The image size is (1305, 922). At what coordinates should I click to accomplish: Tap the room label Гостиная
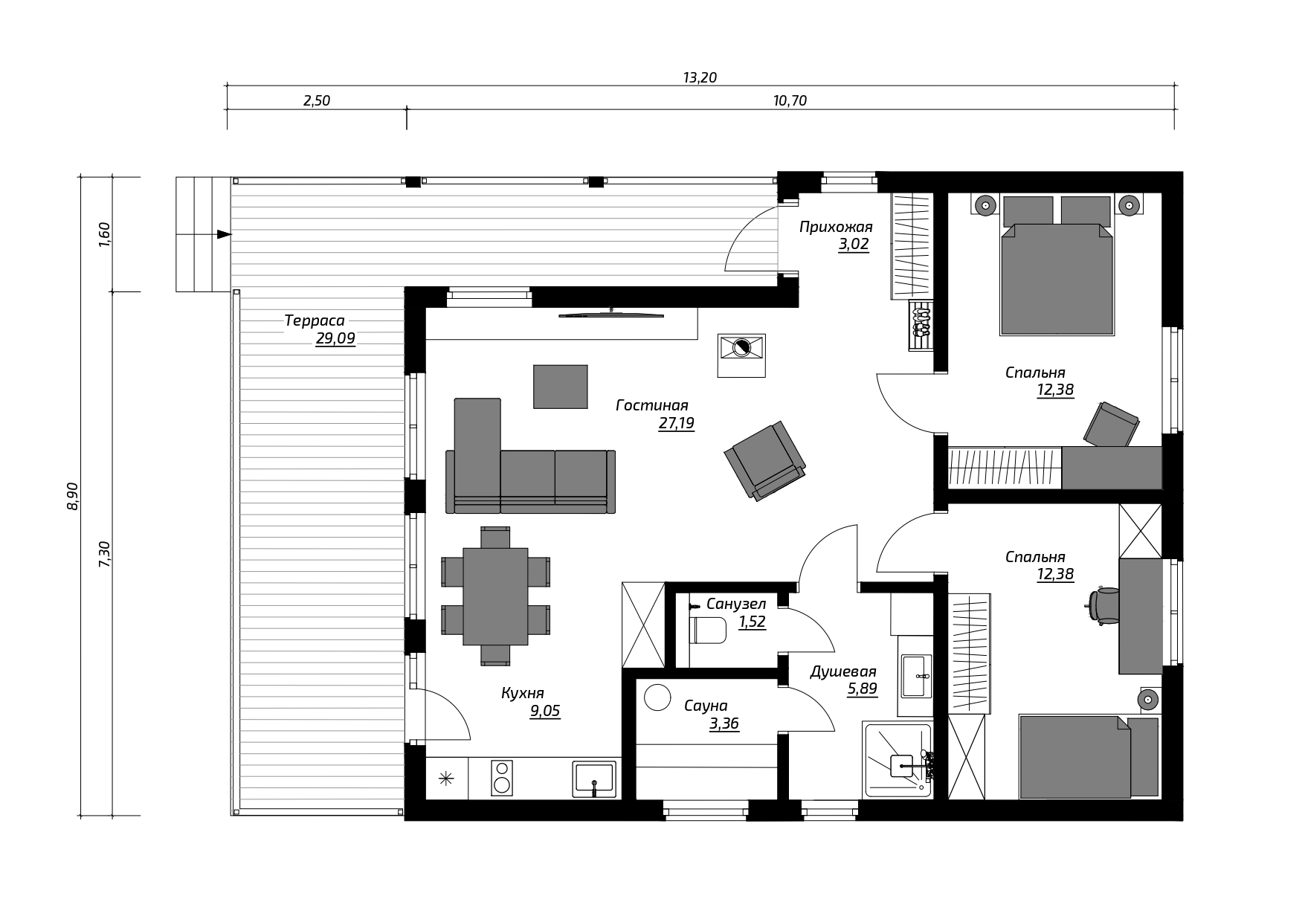[652, 405]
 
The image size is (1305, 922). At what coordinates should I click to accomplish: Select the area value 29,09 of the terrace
[335, 339]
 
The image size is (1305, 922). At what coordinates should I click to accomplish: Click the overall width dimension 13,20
[700, 77]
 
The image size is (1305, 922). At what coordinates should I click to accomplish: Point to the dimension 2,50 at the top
[317, 100]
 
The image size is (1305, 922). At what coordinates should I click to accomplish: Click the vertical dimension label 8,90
[72, 496]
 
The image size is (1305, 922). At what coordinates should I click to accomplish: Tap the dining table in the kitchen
[495, 596]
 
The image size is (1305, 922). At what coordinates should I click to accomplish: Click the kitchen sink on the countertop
[594, 778]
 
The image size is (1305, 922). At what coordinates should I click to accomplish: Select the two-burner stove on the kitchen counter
[502, 778]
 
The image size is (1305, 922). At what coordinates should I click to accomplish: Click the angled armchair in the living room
[764, 460]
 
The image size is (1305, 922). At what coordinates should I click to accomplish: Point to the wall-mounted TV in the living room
[610, 315]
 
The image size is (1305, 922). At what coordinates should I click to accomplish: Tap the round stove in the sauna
[658, 697]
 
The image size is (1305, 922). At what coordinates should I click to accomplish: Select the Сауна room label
[706, 706]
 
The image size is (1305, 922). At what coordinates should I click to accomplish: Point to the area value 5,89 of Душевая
[863, 689]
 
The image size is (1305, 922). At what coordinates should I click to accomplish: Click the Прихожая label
[836, 227]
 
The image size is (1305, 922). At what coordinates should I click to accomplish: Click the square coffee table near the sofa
[561, 387]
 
